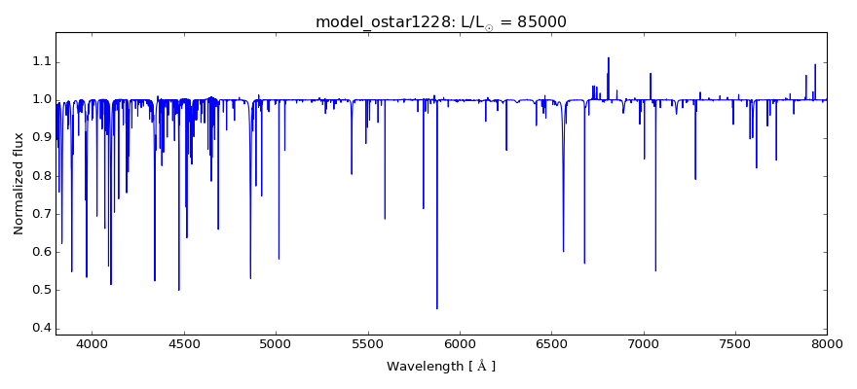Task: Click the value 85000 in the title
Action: (535, 22)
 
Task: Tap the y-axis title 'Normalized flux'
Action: (19, 185)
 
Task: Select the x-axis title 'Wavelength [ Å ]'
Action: (441, 367)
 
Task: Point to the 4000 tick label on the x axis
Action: (93, 342)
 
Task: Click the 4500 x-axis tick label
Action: (184, 342)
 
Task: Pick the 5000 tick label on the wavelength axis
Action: (276, 342)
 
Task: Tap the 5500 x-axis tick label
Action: (367, 342)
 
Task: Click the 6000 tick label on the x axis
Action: (460, 342)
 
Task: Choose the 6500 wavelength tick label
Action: (551, 342)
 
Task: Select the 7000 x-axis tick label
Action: (643, 342)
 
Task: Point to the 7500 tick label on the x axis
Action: (734, 342)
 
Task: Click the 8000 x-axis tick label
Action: (826, 342)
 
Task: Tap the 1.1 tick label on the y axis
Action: (39, 62)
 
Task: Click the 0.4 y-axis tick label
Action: (39, 328)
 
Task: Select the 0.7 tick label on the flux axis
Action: (39, 214)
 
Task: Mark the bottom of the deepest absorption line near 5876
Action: (437, 308)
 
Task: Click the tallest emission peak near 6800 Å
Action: (609, 57)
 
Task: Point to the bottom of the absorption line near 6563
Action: (563, 251)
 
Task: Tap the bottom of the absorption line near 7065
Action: (655, 270)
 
